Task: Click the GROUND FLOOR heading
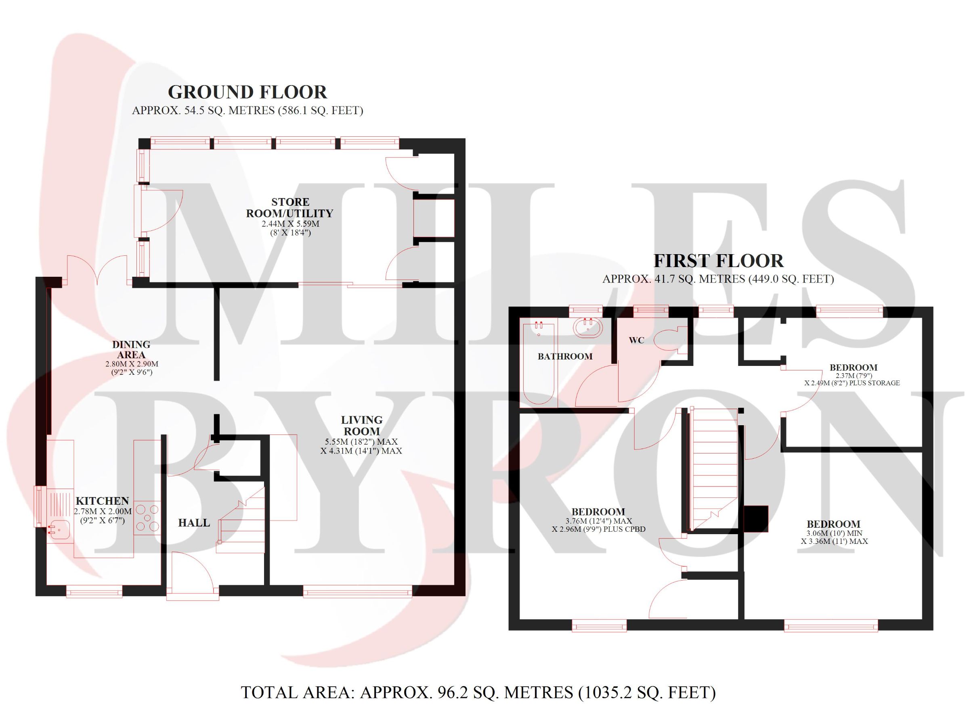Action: point(247,92)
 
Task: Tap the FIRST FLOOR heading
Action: point(719,261)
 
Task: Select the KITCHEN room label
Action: point(102,501)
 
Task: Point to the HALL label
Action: point(194,522)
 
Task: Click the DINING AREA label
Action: point(131,349)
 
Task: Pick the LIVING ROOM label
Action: point(362,426)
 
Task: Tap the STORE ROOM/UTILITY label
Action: point(289,207)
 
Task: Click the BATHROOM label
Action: point(565,357)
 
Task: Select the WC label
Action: point(637,340)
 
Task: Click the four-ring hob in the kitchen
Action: point(147,518)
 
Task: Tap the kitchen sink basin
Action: point(59,531)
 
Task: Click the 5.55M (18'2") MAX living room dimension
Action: point(361,442)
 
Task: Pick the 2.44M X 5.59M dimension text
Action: point(290,224)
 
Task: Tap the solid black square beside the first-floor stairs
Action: point(756,519)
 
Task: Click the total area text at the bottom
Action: point(478,692)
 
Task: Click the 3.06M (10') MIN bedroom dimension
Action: point(834,533)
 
